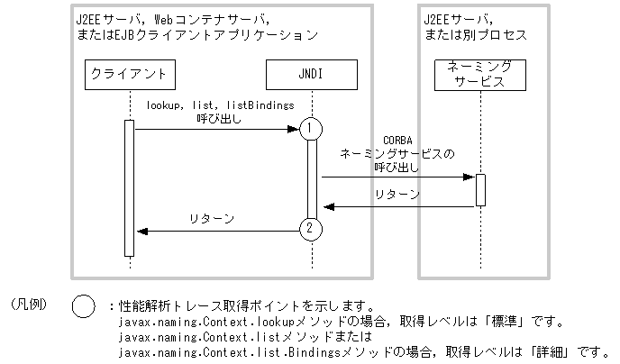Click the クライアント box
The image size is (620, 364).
[130, 74]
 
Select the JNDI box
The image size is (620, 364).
[311, 74]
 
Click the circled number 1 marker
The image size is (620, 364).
[310, 129]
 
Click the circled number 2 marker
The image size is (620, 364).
[310, 229]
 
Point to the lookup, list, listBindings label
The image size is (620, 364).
[221, 105]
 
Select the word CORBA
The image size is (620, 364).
[397, 141]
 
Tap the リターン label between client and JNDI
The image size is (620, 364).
[213, 218]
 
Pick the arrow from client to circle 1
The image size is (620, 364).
[216, 130]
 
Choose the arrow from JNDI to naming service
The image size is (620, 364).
[397, 177]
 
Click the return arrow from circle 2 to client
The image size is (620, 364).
[216, 231]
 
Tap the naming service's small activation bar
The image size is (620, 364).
[480, 189]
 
